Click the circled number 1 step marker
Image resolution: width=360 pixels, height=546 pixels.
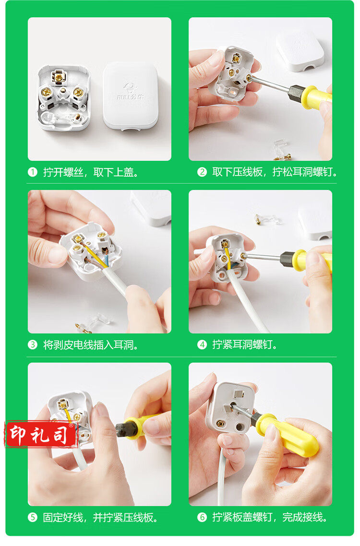[x=33, y=172]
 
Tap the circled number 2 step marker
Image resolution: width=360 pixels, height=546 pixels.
[x=202, y=172]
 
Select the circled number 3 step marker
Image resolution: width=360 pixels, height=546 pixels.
[x=33, y=345]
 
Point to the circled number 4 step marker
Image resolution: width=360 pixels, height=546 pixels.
[x=202, y=345]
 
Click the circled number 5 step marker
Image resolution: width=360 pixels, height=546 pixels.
[x=33, y=517]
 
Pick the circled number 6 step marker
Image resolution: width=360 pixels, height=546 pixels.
[x=202, y=517]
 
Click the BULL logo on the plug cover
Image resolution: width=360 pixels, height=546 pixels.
[x=131, y=91]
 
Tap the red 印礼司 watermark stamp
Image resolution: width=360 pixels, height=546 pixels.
[x=41, y=434]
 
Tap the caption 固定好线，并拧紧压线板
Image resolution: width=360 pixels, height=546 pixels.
[x=100, y=517]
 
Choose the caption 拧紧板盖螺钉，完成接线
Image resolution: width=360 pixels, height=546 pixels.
[x=270, y=517]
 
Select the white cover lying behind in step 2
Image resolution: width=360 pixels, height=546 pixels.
[x=300, y=51]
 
